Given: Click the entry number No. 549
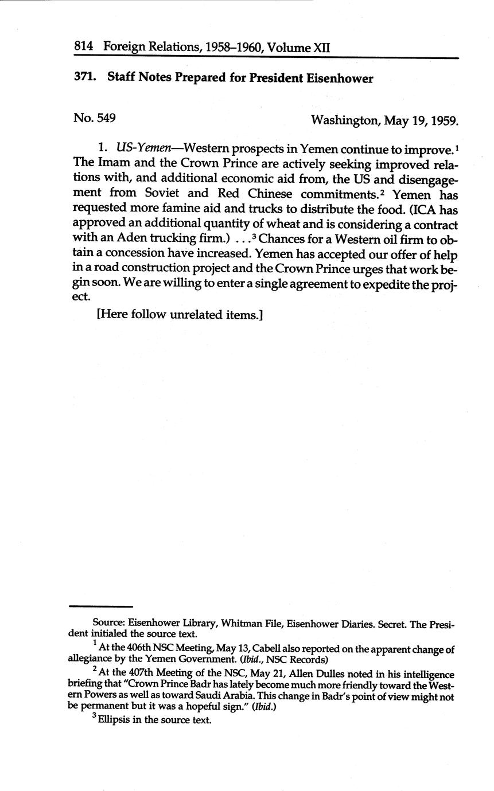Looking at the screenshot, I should [x=95, y=118].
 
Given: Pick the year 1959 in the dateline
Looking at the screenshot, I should [x=444, y=120].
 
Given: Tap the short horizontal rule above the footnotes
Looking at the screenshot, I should [x=100, y=606].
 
